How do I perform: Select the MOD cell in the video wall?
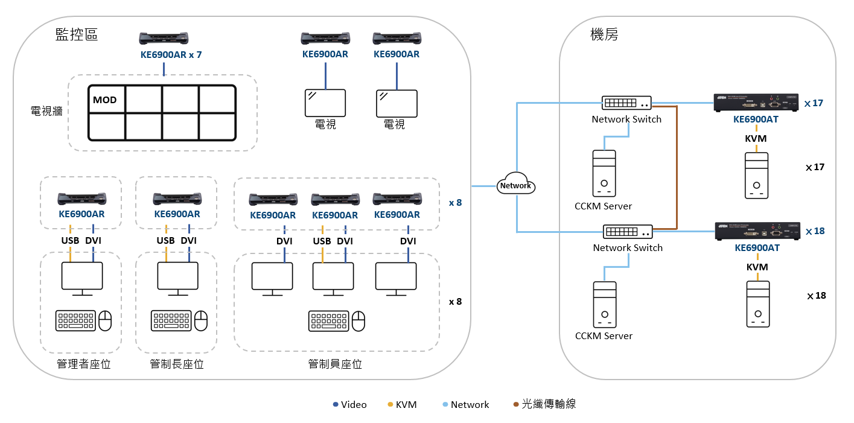[x=106, y=100]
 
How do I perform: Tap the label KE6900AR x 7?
[x=170, y=54]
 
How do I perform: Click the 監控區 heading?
[x=77, y=34]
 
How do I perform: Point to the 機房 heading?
[x=604, y=34]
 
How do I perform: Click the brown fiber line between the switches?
[x=677, y=169]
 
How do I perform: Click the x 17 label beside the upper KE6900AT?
[x=814, y=103]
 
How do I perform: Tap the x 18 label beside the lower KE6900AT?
[x=815, y=231]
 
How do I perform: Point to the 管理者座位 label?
[x=84, y=364]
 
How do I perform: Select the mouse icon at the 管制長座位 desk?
[x=201, y=320]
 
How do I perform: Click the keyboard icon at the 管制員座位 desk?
[x=329, y=320]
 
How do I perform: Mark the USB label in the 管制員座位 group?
[x=322, y=241]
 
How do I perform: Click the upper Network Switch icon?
[x=626, y=103]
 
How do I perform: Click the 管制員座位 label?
[x=335, y=364]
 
